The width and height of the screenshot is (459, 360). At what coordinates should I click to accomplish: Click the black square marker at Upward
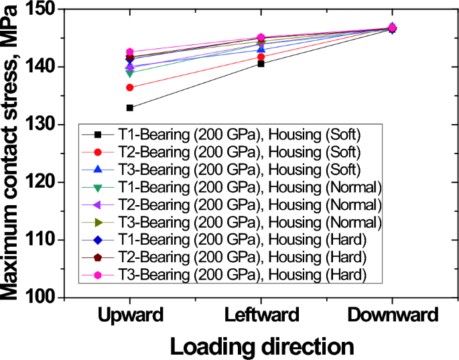[x=129, y=107]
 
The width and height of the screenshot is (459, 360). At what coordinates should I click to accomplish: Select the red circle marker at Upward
[x=129, y=87]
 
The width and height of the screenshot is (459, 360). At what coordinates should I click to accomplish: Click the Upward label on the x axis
[x=129, y=315]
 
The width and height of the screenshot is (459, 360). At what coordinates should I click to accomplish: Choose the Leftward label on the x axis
[x=261, y=315]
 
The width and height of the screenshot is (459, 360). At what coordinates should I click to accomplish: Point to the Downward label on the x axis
[x=392, y=315]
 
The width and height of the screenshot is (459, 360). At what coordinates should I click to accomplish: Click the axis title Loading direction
[x=261, y=346]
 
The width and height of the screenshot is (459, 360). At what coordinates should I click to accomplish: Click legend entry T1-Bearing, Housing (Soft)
[x=239, y=132]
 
